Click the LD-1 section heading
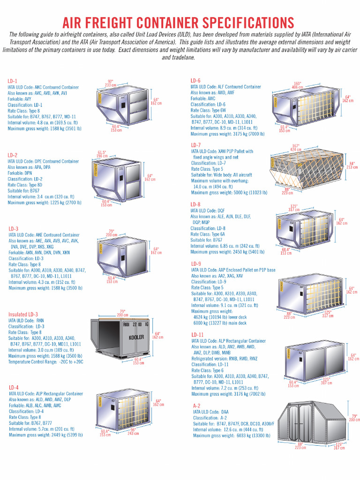(x=13, y=81)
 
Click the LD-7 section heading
(x=196, y=145)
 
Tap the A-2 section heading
(x=197, y=405)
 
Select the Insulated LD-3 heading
(x=23, y=314)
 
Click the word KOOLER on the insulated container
(x=136, y=337)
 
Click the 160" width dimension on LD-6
(x=298, y=83)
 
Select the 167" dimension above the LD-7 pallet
(x=295, y=146)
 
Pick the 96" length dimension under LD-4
(x=134, y=430)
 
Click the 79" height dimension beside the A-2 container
(x=354, y=416)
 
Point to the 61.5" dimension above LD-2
(x=102, y=152)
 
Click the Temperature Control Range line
(x=45, y=362)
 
